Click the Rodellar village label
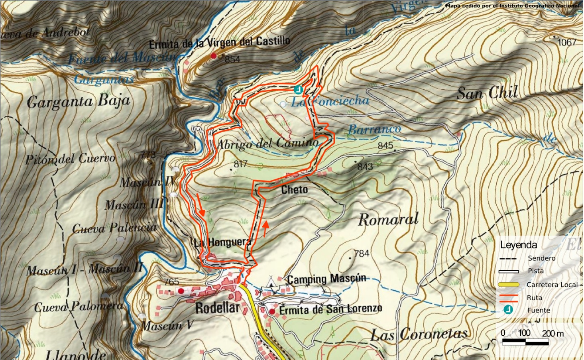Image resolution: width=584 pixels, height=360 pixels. click(217, 308)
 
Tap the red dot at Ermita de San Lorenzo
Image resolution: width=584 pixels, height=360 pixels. click(272, 311)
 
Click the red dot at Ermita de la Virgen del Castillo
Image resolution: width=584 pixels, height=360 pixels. click(214, 56)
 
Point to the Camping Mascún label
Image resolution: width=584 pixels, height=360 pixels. click(326, 279)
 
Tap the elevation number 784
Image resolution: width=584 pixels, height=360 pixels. click(362, 253)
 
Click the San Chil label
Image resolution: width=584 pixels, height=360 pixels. click(487, 93)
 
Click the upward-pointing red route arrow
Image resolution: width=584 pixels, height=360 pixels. click(265, 228)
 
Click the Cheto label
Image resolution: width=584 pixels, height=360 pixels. click(294, 189)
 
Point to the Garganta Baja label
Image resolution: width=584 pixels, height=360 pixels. click(78, 102)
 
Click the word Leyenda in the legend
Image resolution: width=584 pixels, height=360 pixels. click(518, 245)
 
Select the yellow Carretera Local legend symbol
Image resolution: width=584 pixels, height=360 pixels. click(509, 285)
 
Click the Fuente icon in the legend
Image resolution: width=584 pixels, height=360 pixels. click(508, 309)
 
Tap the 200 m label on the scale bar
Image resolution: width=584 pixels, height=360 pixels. click(553, 333)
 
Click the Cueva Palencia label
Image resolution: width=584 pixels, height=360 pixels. click(114, 228)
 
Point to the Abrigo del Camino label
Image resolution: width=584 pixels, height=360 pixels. click(267, 143)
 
